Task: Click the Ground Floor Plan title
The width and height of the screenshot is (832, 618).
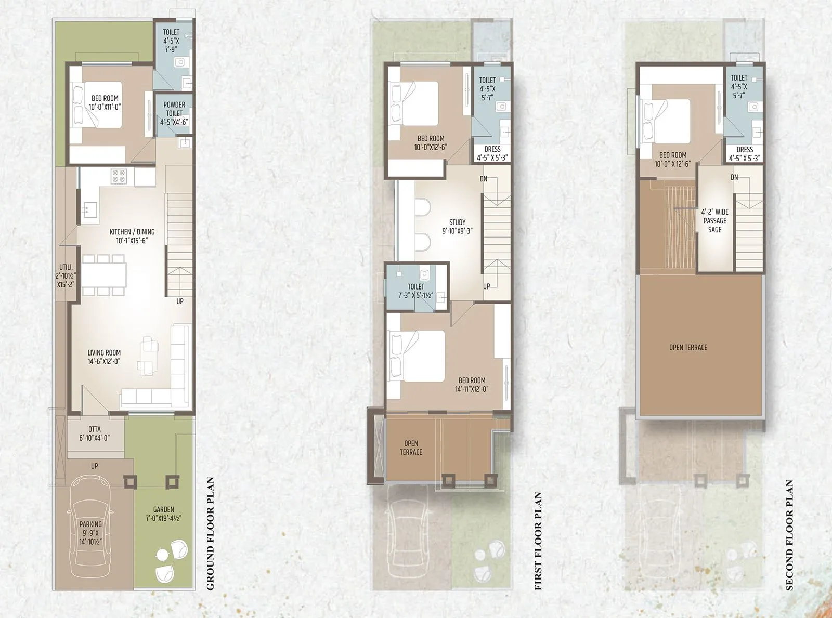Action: click(x=210, y=533)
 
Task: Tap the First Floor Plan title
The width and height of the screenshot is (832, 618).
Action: click(x=538, y=541)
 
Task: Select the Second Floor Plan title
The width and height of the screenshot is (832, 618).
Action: click(x=789, y=535)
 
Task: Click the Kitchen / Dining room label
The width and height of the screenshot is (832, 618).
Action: click(x=132, y=236)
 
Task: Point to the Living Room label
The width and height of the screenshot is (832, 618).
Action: click(x=104, y=357)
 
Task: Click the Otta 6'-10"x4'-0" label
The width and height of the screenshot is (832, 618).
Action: click(x=94, y=433)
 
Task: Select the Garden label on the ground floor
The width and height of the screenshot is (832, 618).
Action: click(x=164, y=514)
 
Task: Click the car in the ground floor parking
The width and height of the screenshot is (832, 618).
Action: click(x=91, y=525)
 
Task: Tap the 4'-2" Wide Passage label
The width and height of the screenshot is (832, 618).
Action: click(x=714, y=220)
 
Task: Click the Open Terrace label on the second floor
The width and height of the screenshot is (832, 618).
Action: click(x=688, y=347)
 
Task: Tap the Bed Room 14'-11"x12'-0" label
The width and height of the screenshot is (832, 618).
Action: click(x=472, y=385)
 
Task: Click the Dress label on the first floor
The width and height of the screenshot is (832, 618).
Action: click(x=492, y=153)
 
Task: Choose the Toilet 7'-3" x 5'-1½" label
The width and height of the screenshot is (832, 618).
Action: click(x=415, y=291)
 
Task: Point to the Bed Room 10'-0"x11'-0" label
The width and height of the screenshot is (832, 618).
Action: click(x=105, y=102)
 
